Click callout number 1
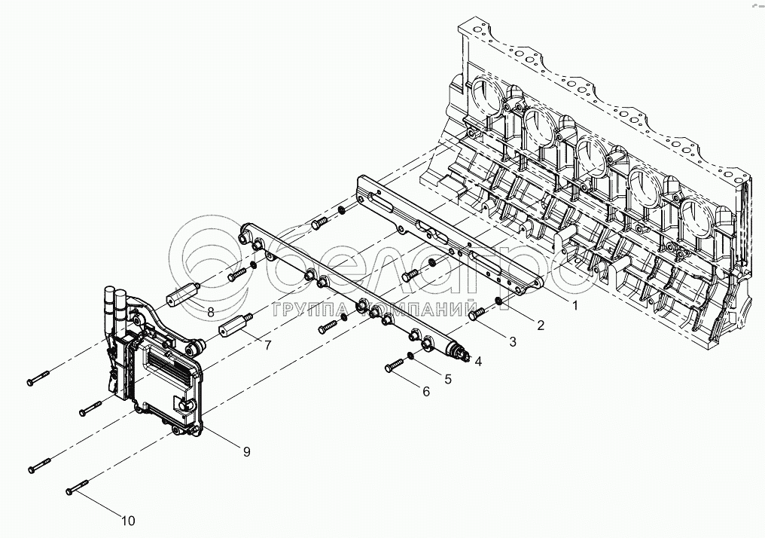click(575, 307)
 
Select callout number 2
click(540, 326)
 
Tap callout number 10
click(128, 520)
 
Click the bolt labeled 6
click(395, 366)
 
